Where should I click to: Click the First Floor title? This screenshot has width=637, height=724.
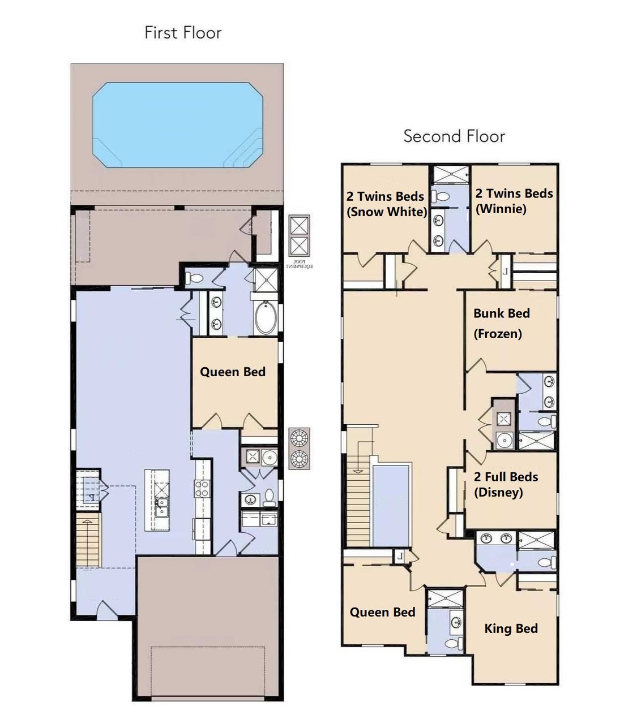tap(182, 33)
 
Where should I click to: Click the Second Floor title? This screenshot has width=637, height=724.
tap(454, 136)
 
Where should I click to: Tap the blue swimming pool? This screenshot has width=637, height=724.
tap(177, 125)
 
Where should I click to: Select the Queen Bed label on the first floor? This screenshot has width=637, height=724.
tap(232, 372)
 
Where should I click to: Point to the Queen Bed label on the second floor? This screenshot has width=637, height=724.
tap(382, 612)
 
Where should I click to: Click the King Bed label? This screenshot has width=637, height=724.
tap(511, 628)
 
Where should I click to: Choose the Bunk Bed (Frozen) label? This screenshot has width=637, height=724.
tap(501, 324)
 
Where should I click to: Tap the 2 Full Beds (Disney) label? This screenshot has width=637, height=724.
tap(506, 484)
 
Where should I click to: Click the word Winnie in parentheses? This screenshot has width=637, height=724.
tap(501, 209)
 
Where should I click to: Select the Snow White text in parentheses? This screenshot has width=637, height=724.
tap(387, 212)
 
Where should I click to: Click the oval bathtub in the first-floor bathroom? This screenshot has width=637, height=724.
tap(265, 318)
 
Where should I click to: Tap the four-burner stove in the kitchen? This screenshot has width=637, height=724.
tap(202, 488)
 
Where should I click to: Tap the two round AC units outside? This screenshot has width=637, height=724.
tap(300, 448)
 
